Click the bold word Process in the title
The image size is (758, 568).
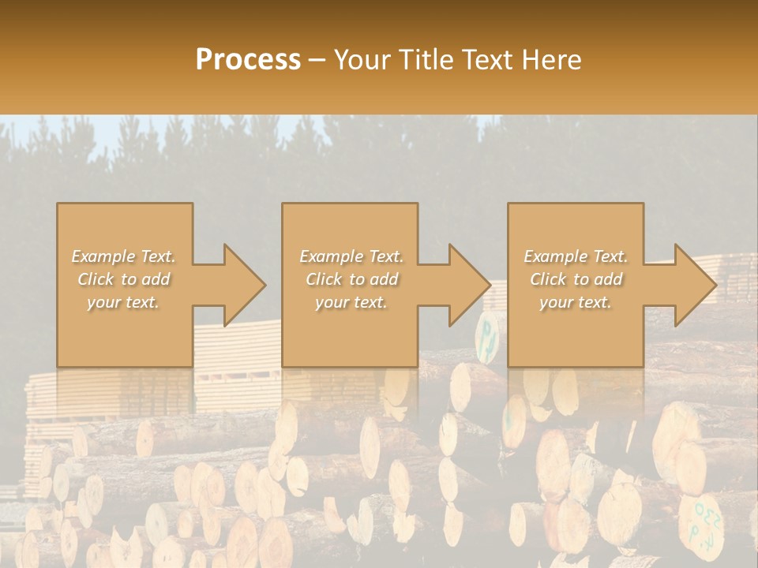[248, 60]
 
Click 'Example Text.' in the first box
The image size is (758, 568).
[124, 256]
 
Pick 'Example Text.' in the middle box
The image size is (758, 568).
[351, 256]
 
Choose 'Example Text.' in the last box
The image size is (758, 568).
[576, 256]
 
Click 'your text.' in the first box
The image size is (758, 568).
[124, 302]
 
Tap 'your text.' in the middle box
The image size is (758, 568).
[351, 302]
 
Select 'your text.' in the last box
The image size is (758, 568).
[576, 302]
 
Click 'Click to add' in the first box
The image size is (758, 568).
[124, 279]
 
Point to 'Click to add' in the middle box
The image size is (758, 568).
[351, 279]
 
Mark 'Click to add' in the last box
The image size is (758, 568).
[576, 279]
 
